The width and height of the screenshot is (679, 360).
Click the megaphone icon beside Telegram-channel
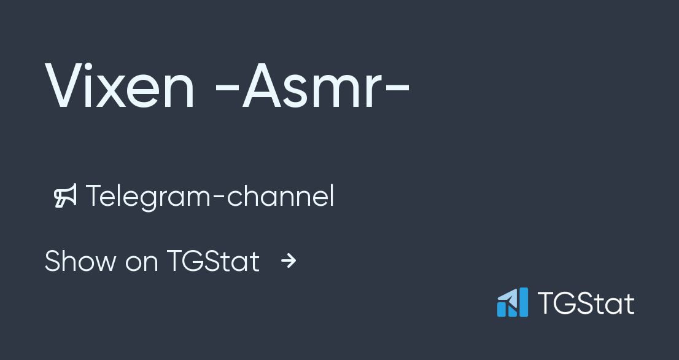click(66, 197)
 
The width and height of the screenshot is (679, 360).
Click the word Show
click(80, 261)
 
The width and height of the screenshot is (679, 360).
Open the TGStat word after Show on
click(213, 261)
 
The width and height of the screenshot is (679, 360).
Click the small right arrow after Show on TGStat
click(289, 262)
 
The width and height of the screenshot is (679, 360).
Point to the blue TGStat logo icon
click(512, 302)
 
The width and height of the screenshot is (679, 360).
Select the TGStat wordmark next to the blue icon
click(586, 303)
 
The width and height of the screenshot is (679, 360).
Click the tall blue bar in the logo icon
click(522, 302)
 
